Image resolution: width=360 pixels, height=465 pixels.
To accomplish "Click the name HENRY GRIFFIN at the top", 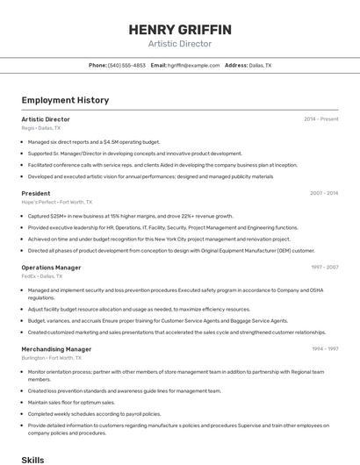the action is coord(180,29).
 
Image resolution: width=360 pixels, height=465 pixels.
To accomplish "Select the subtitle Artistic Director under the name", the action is coord(180,43).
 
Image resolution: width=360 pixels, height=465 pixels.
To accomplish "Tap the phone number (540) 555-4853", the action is coord(126,65).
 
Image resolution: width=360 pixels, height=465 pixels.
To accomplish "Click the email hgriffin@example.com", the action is coord(193,65).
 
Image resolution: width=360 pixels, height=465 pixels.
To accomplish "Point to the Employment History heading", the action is coord(65,100).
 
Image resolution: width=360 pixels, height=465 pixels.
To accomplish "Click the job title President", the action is coord(36,193).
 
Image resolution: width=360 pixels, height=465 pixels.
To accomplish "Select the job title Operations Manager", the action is coord(51,268).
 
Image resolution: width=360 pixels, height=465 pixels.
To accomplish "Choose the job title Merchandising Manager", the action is coord(56,349).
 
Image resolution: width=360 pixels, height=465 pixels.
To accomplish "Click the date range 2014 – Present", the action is coord(321,119).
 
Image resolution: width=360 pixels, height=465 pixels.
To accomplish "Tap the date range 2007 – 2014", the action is coord(324,193).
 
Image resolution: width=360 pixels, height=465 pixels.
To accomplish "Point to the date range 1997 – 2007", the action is coord(325,268).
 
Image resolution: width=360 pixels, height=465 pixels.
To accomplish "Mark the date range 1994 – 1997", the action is coord(325,349).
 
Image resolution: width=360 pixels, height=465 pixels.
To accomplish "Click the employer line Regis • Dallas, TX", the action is coord(41,128).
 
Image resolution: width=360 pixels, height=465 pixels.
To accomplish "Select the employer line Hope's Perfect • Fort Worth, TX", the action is coord(56,202).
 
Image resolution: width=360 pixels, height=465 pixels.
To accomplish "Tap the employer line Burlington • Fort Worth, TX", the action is coord(51,358).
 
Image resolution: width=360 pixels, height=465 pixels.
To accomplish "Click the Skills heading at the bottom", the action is coord(32,459).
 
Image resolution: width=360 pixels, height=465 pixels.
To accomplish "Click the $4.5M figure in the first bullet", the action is coord(112,142).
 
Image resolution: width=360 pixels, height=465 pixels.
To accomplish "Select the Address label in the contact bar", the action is coord(236,65).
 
